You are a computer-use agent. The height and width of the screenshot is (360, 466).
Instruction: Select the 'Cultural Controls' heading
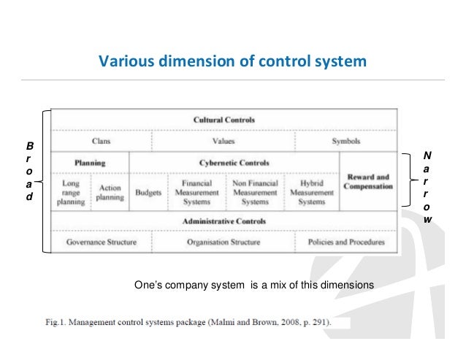point(224,120)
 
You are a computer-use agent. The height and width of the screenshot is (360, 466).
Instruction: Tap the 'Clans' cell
point(101,141)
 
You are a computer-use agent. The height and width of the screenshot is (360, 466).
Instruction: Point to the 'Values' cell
point(223,141)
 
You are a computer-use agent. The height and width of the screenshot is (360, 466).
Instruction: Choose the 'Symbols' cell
point(346,141)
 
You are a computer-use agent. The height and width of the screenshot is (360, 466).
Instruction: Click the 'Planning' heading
point(90,162)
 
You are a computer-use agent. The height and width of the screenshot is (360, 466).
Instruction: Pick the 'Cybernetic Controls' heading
point(234,162)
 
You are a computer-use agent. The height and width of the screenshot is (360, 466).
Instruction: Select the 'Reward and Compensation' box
point(369,181)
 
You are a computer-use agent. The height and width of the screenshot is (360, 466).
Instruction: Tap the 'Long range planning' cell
point(71,192)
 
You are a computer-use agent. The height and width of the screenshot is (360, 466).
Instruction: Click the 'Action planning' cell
point(110,192)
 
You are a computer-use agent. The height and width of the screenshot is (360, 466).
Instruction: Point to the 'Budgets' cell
point(148,193)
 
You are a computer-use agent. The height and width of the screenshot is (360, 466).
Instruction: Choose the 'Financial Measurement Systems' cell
point(197,192)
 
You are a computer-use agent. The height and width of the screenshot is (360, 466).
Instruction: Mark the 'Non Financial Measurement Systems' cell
point(255,192)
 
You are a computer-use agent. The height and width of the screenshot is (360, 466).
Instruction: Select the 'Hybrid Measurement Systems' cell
point(312,192)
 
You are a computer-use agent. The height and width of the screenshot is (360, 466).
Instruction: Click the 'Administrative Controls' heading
point(224,221)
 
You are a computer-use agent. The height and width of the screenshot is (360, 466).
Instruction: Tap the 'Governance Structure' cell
point(101,242)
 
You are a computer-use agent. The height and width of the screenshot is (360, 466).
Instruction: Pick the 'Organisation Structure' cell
point(224,242)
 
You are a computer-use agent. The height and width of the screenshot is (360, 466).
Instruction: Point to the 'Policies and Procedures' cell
point(347,242)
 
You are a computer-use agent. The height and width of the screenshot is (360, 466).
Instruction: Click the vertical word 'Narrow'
point(427,187)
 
